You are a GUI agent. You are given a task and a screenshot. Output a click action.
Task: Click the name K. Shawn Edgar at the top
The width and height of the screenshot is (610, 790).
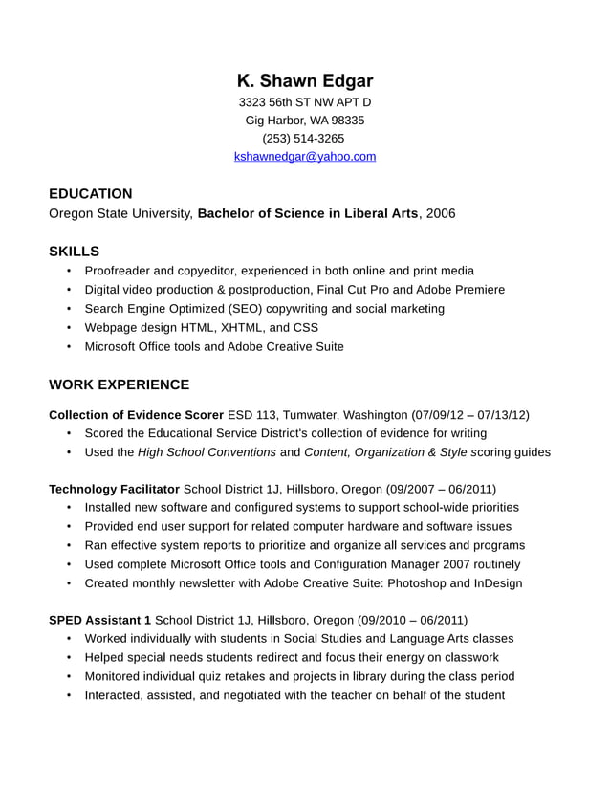[305, 81]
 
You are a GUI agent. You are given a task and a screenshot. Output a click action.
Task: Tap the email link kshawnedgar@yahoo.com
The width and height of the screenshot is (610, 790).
[305, 156]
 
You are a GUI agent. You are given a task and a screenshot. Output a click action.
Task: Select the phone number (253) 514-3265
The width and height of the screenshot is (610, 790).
[303, 139]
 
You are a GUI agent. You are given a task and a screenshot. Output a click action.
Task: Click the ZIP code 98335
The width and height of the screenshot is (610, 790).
[348, 121]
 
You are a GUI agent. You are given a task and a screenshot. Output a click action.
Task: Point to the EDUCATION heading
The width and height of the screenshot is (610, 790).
[91, 194]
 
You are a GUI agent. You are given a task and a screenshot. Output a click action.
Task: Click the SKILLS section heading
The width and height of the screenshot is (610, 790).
[74, 252]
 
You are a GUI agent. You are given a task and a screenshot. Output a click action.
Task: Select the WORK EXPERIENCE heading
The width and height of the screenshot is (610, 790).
[119, 385]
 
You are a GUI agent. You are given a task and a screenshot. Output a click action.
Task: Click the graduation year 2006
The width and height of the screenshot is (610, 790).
[441, 213]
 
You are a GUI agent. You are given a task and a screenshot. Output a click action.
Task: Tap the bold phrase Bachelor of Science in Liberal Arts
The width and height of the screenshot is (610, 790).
[308, 213]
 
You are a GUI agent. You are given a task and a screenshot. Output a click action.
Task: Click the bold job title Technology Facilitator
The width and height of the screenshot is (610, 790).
[114, 489]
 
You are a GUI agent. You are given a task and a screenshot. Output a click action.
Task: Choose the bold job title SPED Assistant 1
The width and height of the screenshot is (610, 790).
[99, 620]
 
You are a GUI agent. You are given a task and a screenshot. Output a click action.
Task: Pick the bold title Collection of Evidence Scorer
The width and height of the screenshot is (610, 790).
[136, 415]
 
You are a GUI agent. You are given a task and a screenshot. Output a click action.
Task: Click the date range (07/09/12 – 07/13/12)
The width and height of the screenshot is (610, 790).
[470, 415]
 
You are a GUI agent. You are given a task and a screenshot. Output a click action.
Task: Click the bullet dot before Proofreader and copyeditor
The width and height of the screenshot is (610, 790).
[69, 272]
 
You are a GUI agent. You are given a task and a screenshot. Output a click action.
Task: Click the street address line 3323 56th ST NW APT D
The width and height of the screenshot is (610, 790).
[304, 102]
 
